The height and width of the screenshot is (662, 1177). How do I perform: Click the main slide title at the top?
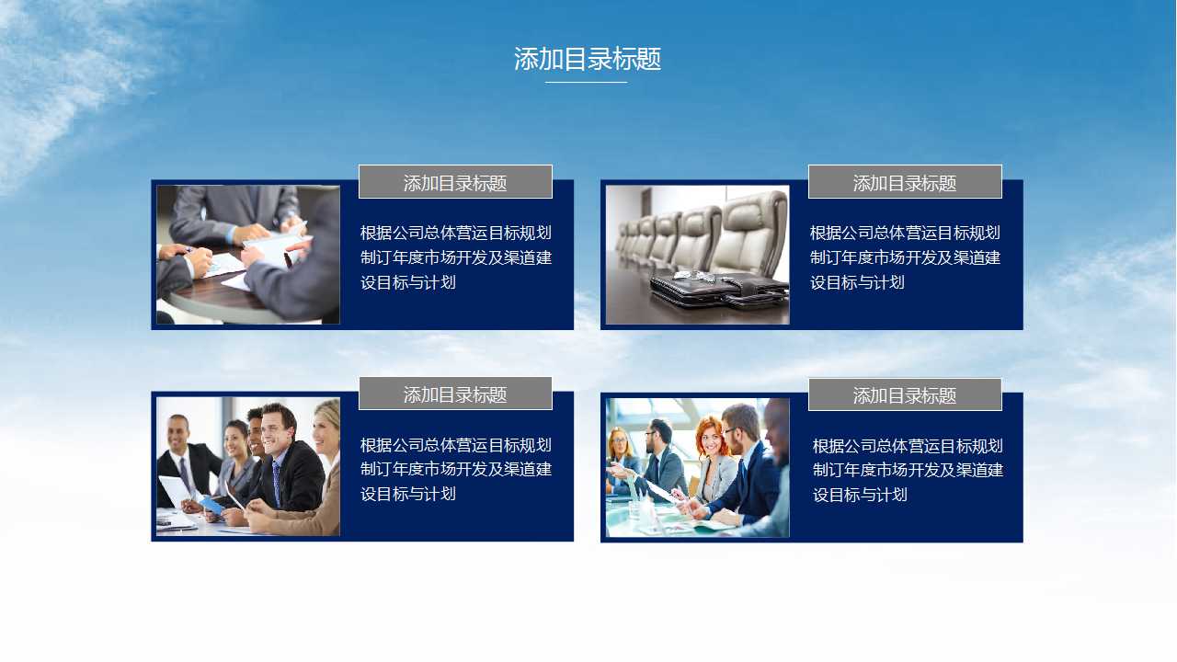tap(588, 59)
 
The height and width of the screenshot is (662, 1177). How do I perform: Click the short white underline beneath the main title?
tap(586, 82)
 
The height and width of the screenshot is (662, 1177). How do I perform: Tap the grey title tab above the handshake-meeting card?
tap(455, 182)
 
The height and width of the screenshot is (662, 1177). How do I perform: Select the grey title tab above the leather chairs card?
tap(905, 182)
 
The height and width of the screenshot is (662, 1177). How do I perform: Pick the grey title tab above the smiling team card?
tap(455, 394)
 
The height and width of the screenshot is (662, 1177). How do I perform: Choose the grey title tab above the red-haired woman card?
tap(905, 394)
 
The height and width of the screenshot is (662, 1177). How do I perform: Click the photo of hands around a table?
tap(248, 255)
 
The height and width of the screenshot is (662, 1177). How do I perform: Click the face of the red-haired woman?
tap(710, 438)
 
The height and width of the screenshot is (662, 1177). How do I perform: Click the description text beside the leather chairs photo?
tap(905, 257)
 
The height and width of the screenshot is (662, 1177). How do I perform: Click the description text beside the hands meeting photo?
tap(455, 257)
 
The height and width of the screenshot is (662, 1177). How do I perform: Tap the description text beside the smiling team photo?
tap(455, 469)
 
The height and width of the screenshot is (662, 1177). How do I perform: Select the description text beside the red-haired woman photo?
tap(907, 470)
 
